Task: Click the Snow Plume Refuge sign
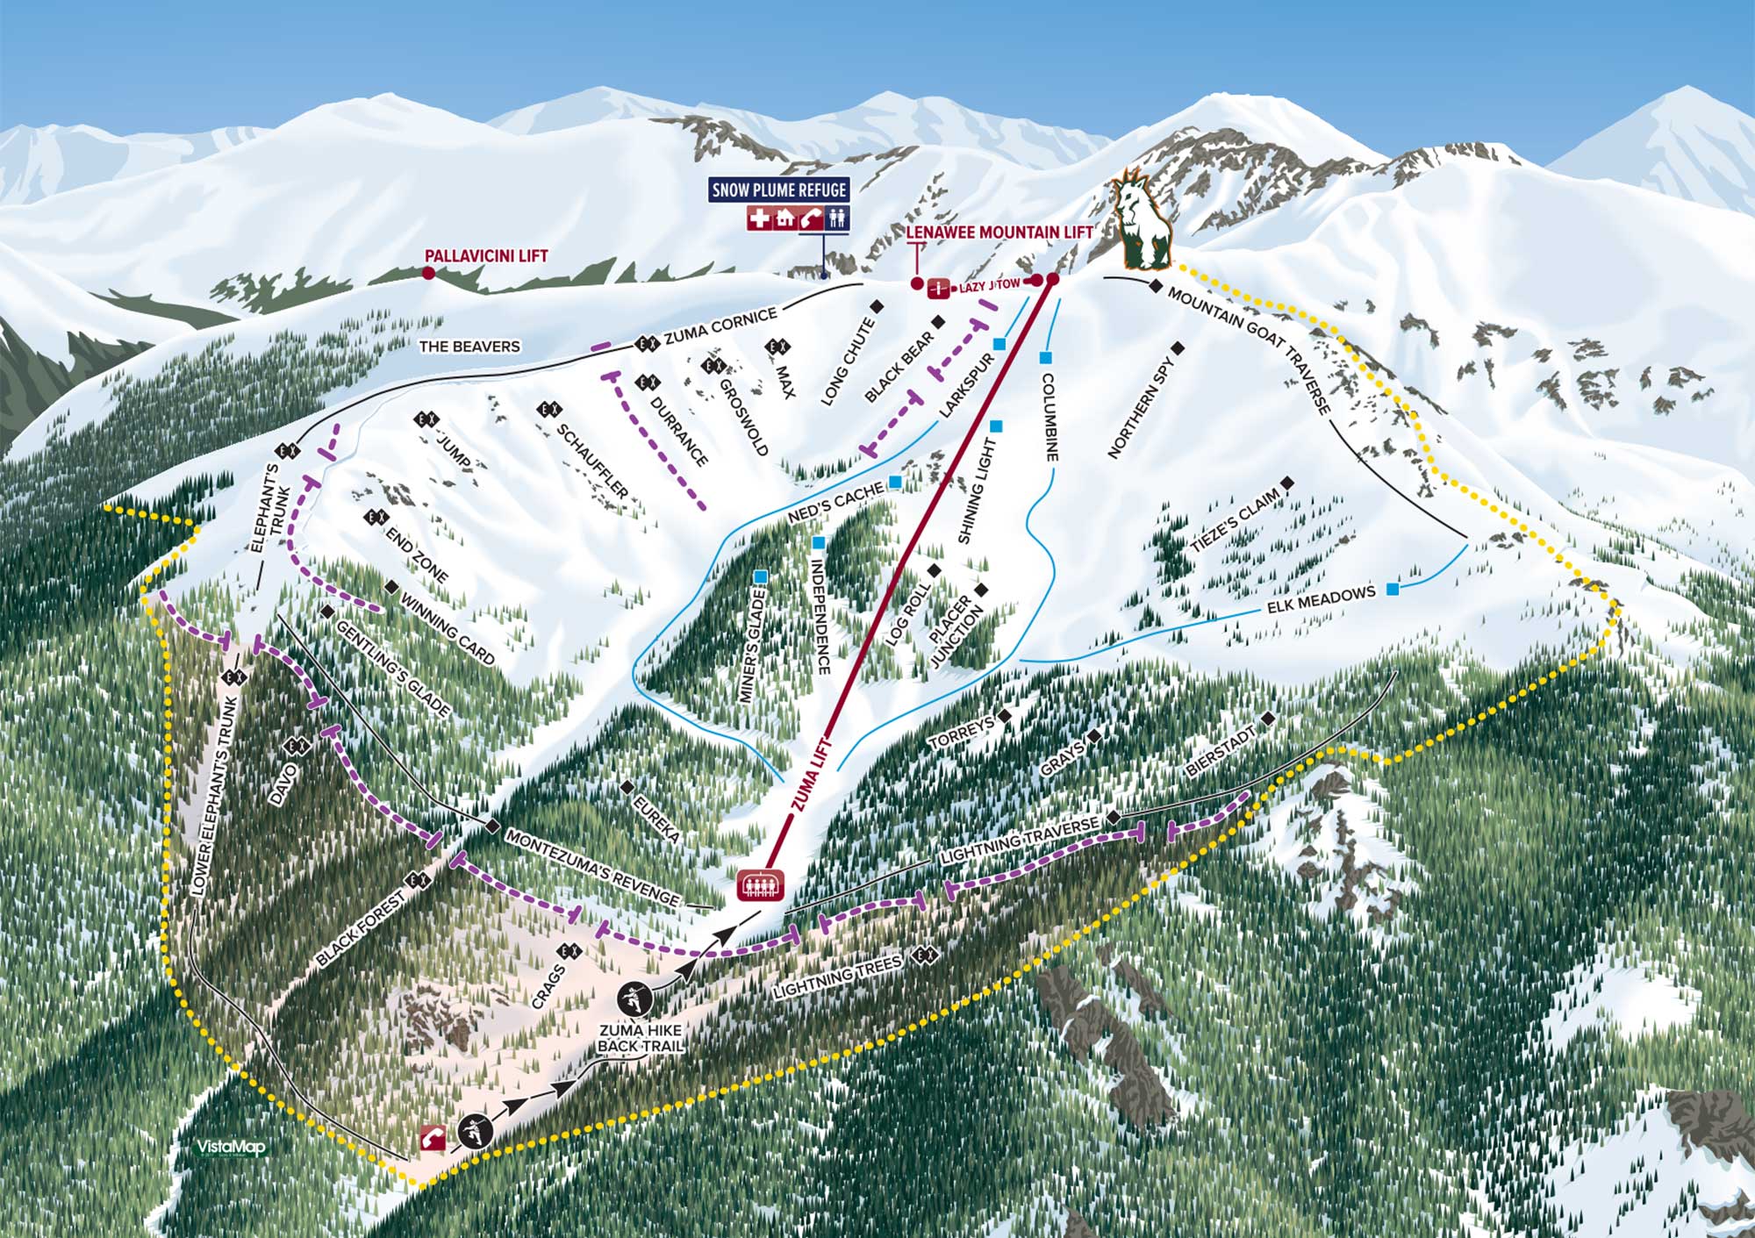point(779,190)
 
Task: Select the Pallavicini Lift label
point(486,256)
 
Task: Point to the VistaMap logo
point(230,1148)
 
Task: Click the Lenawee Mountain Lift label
point(999,233)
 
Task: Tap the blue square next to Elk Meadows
point(1393,589)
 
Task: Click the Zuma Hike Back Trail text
point(640,1038)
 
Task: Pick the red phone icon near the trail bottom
point(434,1138)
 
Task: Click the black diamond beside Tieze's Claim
point(1287,483)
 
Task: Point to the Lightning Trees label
point(837,977)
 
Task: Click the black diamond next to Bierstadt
point(1267,719)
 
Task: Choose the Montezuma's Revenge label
point(592,868)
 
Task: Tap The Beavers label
point(469,347)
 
